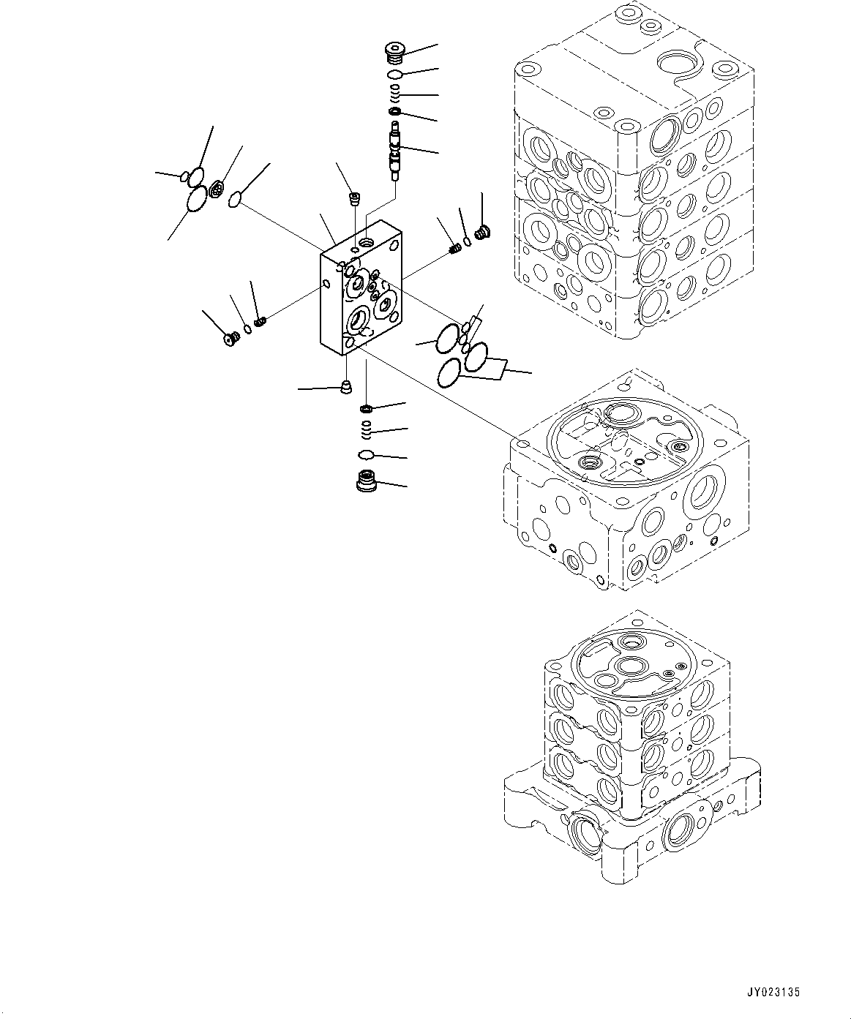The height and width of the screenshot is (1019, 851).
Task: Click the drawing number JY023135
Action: (x=773, y=993)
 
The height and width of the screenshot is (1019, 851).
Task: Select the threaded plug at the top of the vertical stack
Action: (x=394, y=53)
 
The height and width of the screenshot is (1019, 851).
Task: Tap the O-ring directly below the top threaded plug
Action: (x=394, y=75)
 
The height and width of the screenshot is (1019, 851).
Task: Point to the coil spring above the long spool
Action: (x=394, y=93)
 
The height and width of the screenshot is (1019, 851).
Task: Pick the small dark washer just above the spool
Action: (x=395, y=111)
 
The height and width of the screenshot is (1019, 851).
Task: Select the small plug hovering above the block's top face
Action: (x=354, y=198)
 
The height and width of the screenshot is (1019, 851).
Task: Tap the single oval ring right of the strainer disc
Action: (x=235, y=198)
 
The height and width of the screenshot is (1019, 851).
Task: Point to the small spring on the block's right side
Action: (x=454, y=249)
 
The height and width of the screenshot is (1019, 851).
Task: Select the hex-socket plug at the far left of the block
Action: (x=232, y=339)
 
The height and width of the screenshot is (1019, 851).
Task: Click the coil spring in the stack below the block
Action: (x=367, y=427)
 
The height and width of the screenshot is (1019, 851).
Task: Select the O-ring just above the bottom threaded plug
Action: (x=367, y=455)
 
